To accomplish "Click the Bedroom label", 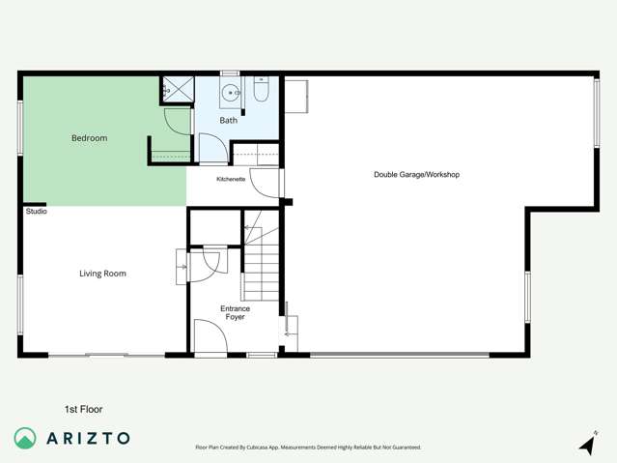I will point(89,138).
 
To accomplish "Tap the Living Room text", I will point(102,274).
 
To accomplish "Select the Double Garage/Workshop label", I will point(416,175).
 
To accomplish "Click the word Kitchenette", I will point(231,179).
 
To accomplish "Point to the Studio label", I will point(36,211).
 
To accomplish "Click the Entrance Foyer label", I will point(235,312).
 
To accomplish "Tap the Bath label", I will point(228,121).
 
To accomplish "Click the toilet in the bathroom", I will point(261,92).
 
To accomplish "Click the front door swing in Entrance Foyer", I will point(210,337).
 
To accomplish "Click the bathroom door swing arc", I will point(212,149).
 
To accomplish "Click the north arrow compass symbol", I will point(587,444).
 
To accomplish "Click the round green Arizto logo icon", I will point(25,438).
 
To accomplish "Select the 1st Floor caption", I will point(83,409).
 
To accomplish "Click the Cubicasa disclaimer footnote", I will point(308,448).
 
